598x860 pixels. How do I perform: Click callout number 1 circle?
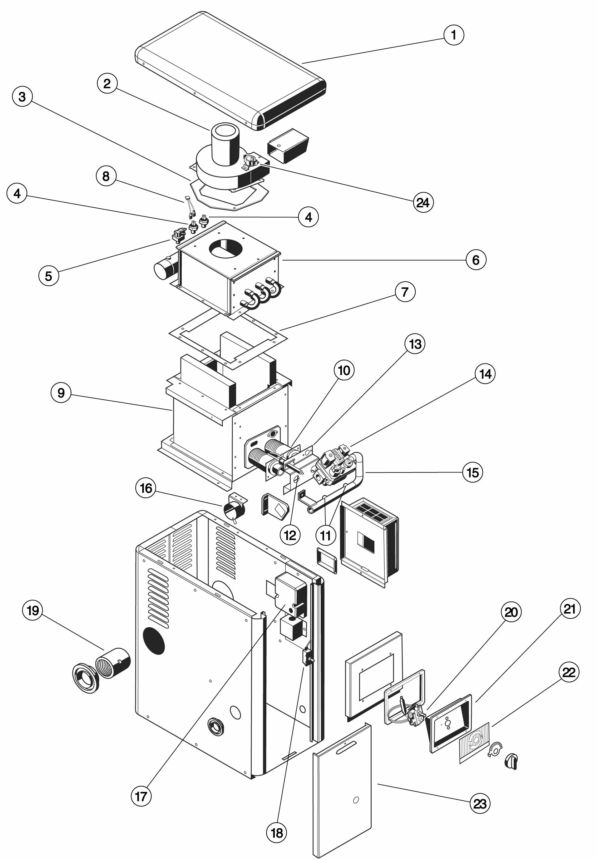[453, 35]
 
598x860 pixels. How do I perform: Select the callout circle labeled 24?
[423, 203]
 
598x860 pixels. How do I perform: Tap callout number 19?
[32, 610]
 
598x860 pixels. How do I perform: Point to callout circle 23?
[480, 803]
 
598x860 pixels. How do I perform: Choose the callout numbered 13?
[415, 344]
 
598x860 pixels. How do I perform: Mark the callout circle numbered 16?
[146, 488]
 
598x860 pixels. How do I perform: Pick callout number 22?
[569, 672]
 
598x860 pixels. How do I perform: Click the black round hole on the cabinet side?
[154, 641]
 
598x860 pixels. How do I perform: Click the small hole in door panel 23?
[356, 800]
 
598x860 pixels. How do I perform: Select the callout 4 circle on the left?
[17, 194]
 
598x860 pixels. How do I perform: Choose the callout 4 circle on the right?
[308, 217]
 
